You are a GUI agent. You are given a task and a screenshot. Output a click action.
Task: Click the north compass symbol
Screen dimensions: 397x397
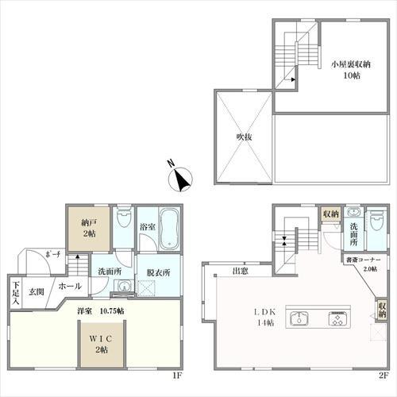tap(180, 178)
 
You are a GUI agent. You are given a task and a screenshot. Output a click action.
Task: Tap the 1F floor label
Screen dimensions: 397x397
tap(177, 376)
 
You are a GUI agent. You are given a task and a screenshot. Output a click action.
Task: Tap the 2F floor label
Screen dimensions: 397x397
tap(384, 376)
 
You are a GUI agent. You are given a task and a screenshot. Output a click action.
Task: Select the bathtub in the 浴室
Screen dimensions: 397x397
tap(169, 229)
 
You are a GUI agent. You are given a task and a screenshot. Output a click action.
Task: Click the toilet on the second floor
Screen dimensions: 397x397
tap(377, 220)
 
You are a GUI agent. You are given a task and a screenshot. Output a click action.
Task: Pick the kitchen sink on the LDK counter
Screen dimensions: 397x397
tap(299, 318)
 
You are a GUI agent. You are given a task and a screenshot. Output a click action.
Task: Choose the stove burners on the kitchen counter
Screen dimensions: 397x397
tap(337, 318)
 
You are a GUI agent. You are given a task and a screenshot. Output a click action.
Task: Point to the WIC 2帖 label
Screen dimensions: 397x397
tap(101, 344)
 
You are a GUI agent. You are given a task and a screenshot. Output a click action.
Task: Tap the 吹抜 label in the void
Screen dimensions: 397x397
tap(244, 137)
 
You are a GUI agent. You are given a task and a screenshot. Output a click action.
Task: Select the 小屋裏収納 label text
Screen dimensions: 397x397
tap(351, 64)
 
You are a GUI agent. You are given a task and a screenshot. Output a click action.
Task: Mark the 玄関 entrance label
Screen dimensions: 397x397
tap(37, 292)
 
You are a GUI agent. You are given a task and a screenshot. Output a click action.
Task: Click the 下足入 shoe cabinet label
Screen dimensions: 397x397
tap(16, 293)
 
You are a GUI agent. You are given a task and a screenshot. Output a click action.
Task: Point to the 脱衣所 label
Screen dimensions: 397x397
tap(158, 273)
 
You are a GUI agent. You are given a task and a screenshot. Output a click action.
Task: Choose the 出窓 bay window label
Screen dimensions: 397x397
tap(241, 271)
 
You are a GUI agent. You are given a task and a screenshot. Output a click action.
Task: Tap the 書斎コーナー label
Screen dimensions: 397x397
tap(363, 260)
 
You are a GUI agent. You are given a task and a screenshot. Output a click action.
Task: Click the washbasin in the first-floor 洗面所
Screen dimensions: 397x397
tap(123, 286)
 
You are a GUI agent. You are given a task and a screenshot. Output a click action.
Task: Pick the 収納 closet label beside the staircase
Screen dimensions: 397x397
tap(331, 214)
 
